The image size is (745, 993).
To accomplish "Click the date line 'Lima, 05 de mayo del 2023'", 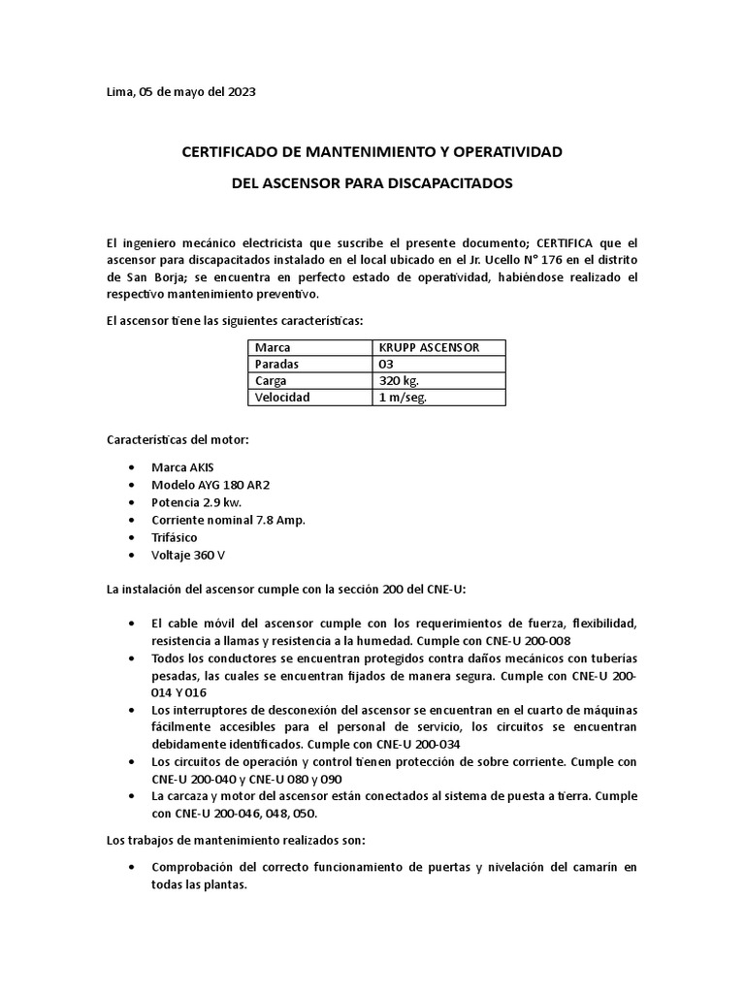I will pos(180,92).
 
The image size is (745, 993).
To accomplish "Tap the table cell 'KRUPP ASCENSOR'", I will pos(428,347).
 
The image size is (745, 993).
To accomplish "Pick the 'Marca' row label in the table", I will pos(273,347).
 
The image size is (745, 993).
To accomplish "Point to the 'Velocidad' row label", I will pos(282,398).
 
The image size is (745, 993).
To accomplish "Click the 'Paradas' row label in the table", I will pos(277,364).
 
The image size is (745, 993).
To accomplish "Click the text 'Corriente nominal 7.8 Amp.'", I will pos(228,520).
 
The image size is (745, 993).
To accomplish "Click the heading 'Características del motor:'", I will pos(178,439).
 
